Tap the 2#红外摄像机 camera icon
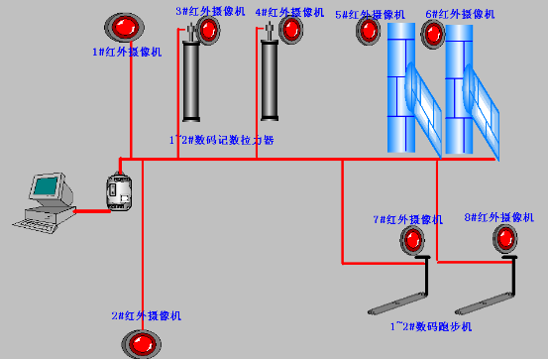(140, 344)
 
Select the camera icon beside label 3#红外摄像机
(208, 30)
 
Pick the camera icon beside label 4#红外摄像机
(289, 30)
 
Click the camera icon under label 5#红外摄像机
(369, 31)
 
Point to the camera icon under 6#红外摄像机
(433, 34)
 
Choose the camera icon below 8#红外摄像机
(506, 237)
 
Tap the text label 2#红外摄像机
(146, 316)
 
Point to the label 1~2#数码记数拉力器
(221, 141)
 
